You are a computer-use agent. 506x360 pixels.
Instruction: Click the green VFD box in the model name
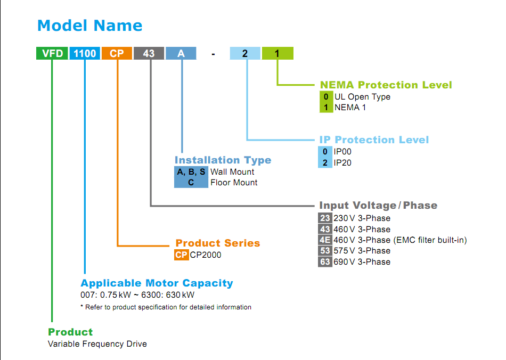tap(52, 53)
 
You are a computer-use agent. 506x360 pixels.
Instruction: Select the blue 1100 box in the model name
tap(85, 53)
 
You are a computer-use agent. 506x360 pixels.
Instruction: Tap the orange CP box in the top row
tap(117, 53)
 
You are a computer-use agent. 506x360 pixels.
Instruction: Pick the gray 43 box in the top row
tap(149, 53)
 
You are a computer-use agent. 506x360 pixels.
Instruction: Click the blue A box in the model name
tap(181, 53)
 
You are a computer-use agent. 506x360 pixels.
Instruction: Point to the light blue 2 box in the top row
tap(245, 53)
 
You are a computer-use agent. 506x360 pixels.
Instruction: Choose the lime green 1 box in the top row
tap(278, 53)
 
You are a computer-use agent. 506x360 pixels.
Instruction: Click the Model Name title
tap(89, 26)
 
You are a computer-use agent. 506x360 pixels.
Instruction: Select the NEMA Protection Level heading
tap(386, 85)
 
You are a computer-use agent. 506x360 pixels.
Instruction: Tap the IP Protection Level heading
tap(374, 140)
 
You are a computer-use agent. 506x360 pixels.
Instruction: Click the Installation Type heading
tap(223, 160)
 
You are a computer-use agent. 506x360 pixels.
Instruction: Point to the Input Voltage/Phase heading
tap(378, 205)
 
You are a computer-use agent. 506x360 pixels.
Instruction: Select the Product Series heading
tap(218, 243)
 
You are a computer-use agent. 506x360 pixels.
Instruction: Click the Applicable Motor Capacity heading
tap(157, 283)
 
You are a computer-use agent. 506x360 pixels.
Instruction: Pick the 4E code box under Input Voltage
tap(325, 240)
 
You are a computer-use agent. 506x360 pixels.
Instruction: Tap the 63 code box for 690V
tap(325, 261)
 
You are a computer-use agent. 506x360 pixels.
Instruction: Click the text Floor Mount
tap(234, 183)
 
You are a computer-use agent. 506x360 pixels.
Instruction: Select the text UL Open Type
tap(362, 97)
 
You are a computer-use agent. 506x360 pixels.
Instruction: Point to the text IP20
tap(342, 162)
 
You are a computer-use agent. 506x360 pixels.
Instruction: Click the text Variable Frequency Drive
tap(97, 344)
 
